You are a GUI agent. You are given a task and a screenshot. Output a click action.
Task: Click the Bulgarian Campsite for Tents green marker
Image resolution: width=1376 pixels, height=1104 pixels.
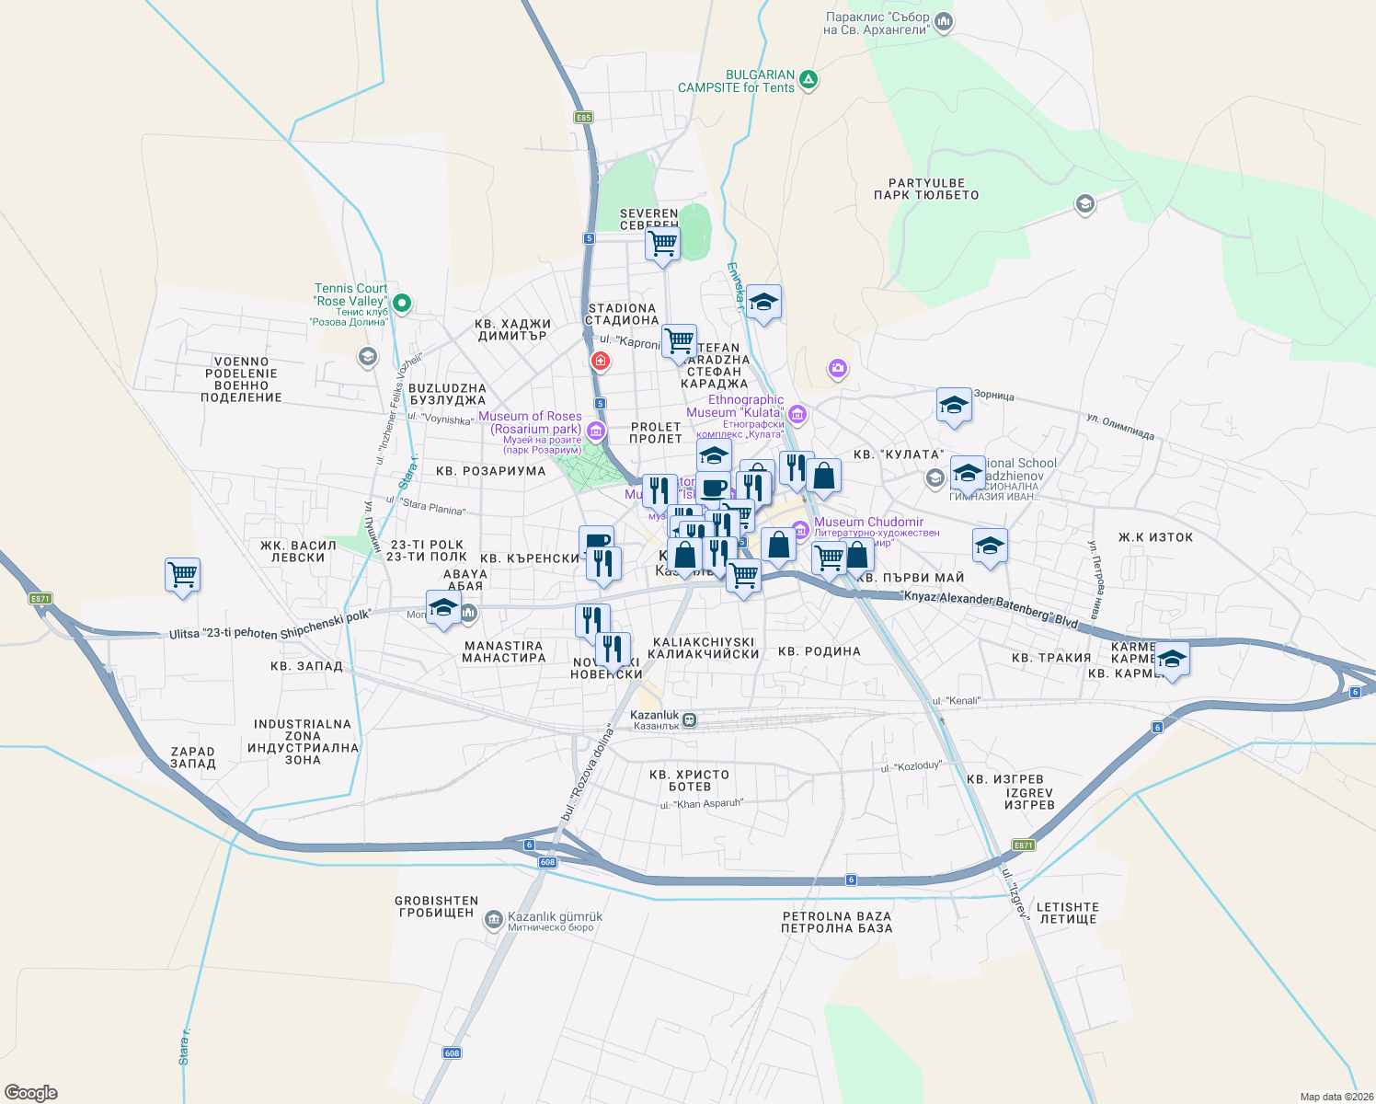click(808, 80)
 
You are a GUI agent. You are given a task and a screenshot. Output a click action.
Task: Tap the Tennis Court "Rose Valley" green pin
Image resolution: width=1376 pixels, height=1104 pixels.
click(401, 302)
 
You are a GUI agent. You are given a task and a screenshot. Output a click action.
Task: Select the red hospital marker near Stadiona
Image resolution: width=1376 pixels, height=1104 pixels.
click(600, 362)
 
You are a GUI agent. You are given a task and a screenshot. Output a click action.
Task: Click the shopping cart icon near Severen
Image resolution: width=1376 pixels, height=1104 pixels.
click(662, 244)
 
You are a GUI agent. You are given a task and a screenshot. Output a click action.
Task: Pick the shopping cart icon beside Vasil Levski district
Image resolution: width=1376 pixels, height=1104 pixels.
click(183, 575)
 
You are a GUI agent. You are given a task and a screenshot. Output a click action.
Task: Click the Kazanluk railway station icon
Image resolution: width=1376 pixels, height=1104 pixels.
click(690, 719)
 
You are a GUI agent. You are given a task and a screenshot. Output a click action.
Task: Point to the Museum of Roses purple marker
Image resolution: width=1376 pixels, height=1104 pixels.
click(595, 430)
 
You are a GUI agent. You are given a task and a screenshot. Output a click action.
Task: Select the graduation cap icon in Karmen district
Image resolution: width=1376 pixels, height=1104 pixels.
click(1172, 659)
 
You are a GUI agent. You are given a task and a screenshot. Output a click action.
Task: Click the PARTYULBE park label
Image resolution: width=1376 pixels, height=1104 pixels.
click(926, 190)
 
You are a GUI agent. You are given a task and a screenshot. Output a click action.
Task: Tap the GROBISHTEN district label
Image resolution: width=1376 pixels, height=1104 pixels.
click(437, 907)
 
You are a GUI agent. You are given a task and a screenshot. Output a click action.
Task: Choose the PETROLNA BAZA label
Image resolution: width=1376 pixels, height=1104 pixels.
click(837, 922)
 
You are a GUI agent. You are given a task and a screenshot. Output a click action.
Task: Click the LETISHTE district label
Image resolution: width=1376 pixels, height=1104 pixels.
click(1068, 913)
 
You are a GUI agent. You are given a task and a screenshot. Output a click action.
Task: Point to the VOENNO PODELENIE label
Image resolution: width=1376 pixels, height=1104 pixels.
click(242, 380)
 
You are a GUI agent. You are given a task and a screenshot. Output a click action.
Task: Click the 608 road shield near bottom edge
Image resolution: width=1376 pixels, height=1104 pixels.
click(452, 1052)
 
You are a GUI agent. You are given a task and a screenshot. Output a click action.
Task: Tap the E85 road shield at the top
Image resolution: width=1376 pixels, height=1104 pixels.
click(583, 118)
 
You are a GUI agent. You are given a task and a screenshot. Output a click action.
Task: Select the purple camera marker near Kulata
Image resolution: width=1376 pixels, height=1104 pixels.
click(837, 369)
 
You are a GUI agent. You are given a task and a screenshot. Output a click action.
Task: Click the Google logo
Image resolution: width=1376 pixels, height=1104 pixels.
click(31, 1092)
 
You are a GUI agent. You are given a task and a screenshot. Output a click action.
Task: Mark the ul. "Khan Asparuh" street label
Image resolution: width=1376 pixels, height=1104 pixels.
click(701, 804)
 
